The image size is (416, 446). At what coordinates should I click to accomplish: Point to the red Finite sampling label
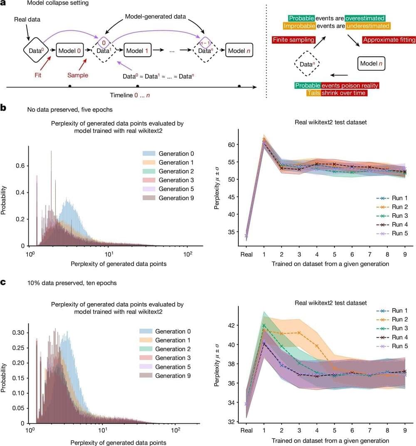[x=290, y=40]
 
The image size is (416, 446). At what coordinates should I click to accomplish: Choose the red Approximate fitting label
[x=389, y=40]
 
